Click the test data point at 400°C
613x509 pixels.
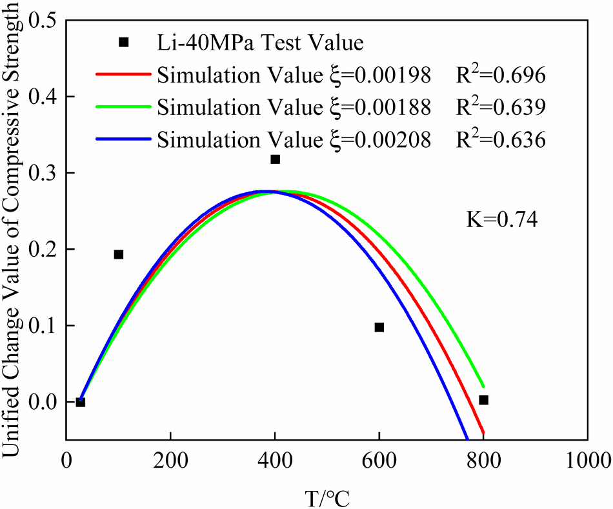[275, 159]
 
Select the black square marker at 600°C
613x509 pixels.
[379, 327]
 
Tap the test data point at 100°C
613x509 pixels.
[119, 254]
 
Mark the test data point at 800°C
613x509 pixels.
[484, 400]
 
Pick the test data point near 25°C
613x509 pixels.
[81, 402]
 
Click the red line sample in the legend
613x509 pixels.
[123, 74]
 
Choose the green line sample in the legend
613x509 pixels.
[123, 106]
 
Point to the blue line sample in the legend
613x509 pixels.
[123, 137]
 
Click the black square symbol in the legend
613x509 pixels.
[124, 43]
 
